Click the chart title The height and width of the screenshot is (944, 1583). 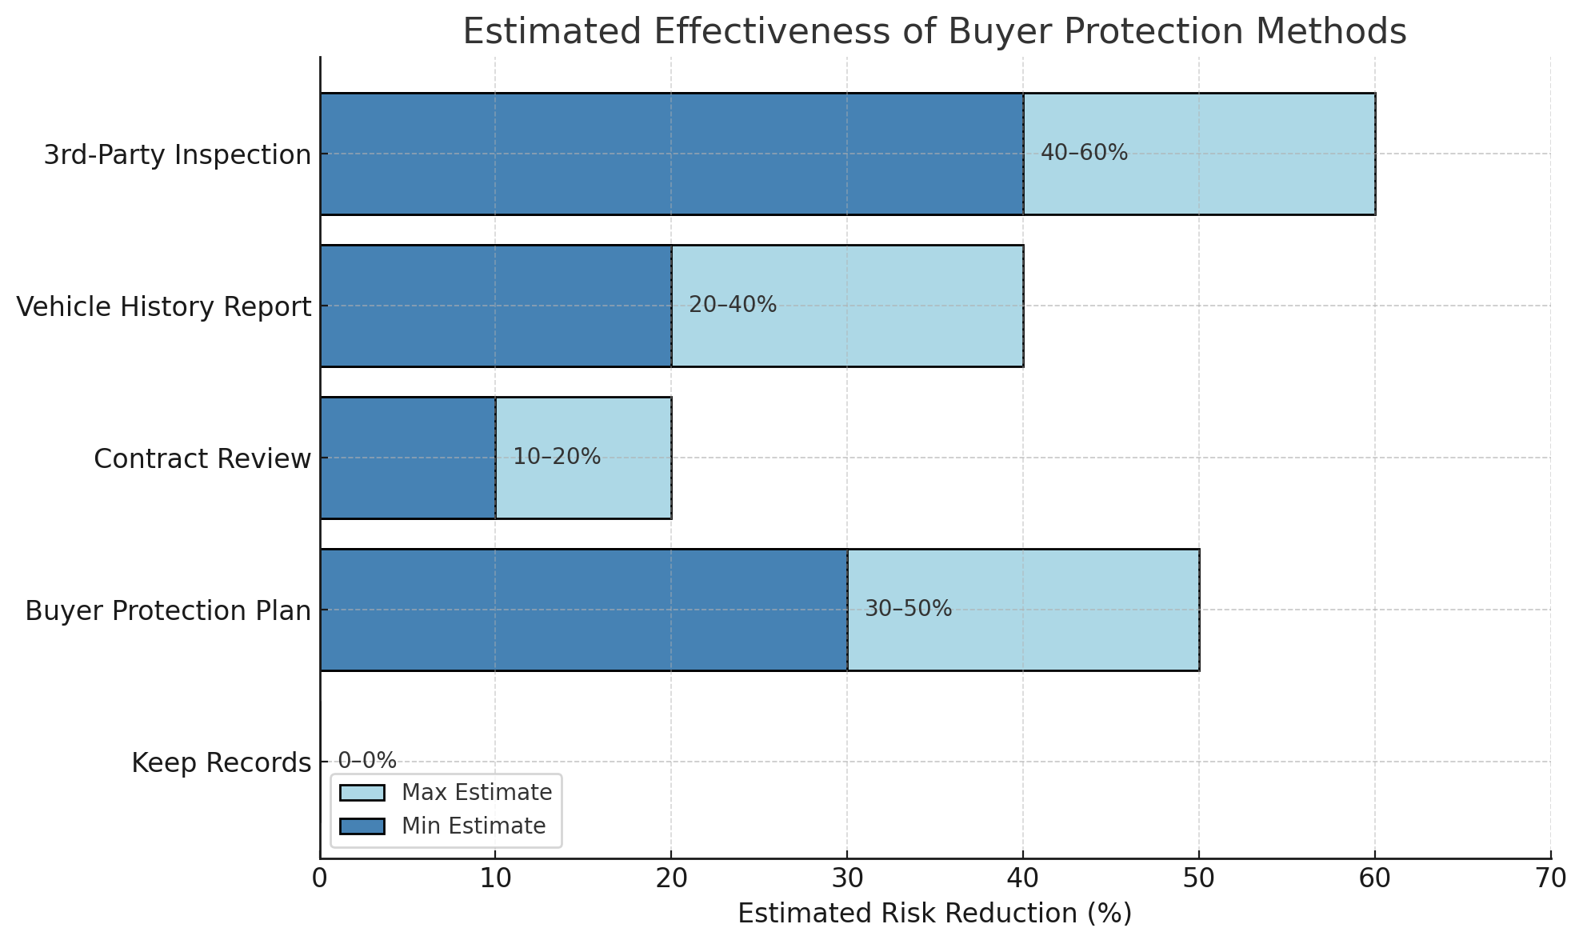point(934,32)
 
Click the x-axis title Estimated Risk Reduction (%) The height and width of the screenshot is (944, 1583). point(934,914)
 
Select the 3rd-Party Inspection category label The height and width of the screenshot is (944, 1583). point(177,154)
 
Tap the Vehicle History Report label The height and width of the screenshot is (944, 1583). point(163,306)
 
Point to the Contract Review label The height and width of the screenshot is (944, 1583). point(202,458)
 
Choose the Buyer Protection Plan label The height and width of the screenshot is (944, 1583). point(167,610)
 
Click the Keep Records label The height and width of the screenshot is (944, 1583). point(221,762)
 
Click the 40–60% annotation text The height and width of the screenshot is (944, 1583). point(1084,153)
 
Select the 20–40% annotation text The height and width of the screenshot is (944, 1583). point(733,305)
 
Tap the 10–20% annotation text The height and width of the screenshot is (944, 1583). point(557,457)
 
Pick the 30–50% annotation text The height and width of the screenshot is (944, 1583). point(908,609)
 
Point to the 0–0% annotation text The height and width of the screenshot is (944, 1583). point(367,761)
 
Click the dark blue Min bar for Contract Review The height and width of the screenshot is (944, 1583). point(408,458)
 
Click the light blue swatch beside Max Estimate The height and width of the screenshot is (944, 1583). point(362,792)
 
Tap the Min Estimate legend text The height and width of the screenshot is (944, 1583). point(474,826)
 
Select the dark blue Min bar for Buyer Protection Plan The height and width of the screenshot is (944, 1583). point(584,610)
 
